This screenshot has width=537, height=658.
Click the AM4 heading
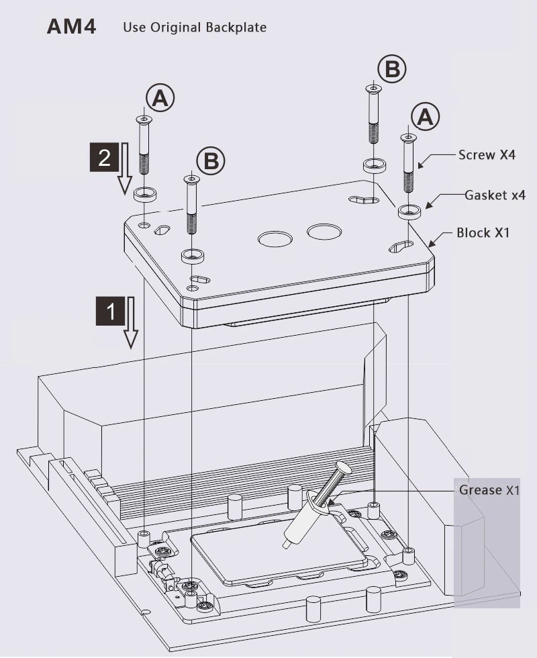(x=71, y=27)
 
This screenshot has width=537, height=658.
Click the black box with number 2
(x=105, y=158)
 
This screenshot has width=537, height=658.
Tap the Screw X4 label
(x=487, y=155)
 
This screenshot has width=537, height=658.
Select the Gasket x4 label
(x=495, y=195)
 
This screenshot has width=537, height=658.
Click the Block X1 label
(x=483, y=233)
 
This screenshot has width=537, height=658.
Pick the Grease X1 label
(x=489, y=490)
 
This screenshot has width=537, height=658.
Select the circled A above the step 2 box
(x=160, y=99)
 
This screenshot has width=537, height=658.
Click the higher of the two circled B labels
(x=392, y=68)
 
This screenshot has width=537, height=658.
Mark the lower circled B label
(x=211, y=161)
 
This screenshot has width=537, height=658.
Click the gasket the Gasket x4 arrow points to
(x=407, y=211)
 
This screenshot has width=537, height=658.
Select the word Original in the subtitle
(x=178, y=28)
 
